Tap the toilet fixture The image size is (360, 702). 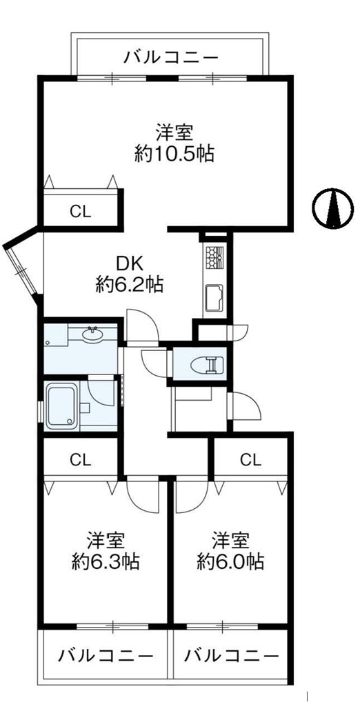[206, 364]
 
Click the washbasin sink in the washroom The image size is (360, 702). [93, 334]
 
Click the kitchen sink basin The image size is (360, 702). [214, 298]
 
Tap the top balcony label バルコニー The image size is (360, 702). [172, 57]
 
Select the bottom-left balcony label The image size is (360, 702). [106, 656]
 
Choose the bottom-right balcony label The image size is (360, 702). [232, 656]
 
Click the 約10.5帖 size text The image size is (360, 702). [174, 154]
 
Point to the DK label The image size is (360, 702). [130, 265]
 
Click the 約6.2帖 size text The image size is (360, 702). [129, 285]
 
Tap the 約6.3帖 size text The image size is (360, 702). [106, 561]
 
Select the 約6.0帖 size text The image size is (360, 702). [230, 561]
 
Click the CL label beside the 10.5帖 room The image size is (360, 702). [81, 211]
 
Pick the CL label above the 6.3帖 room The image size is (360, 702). [81, 459]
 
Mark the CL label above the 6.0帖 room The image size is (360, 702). [250, 459]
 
